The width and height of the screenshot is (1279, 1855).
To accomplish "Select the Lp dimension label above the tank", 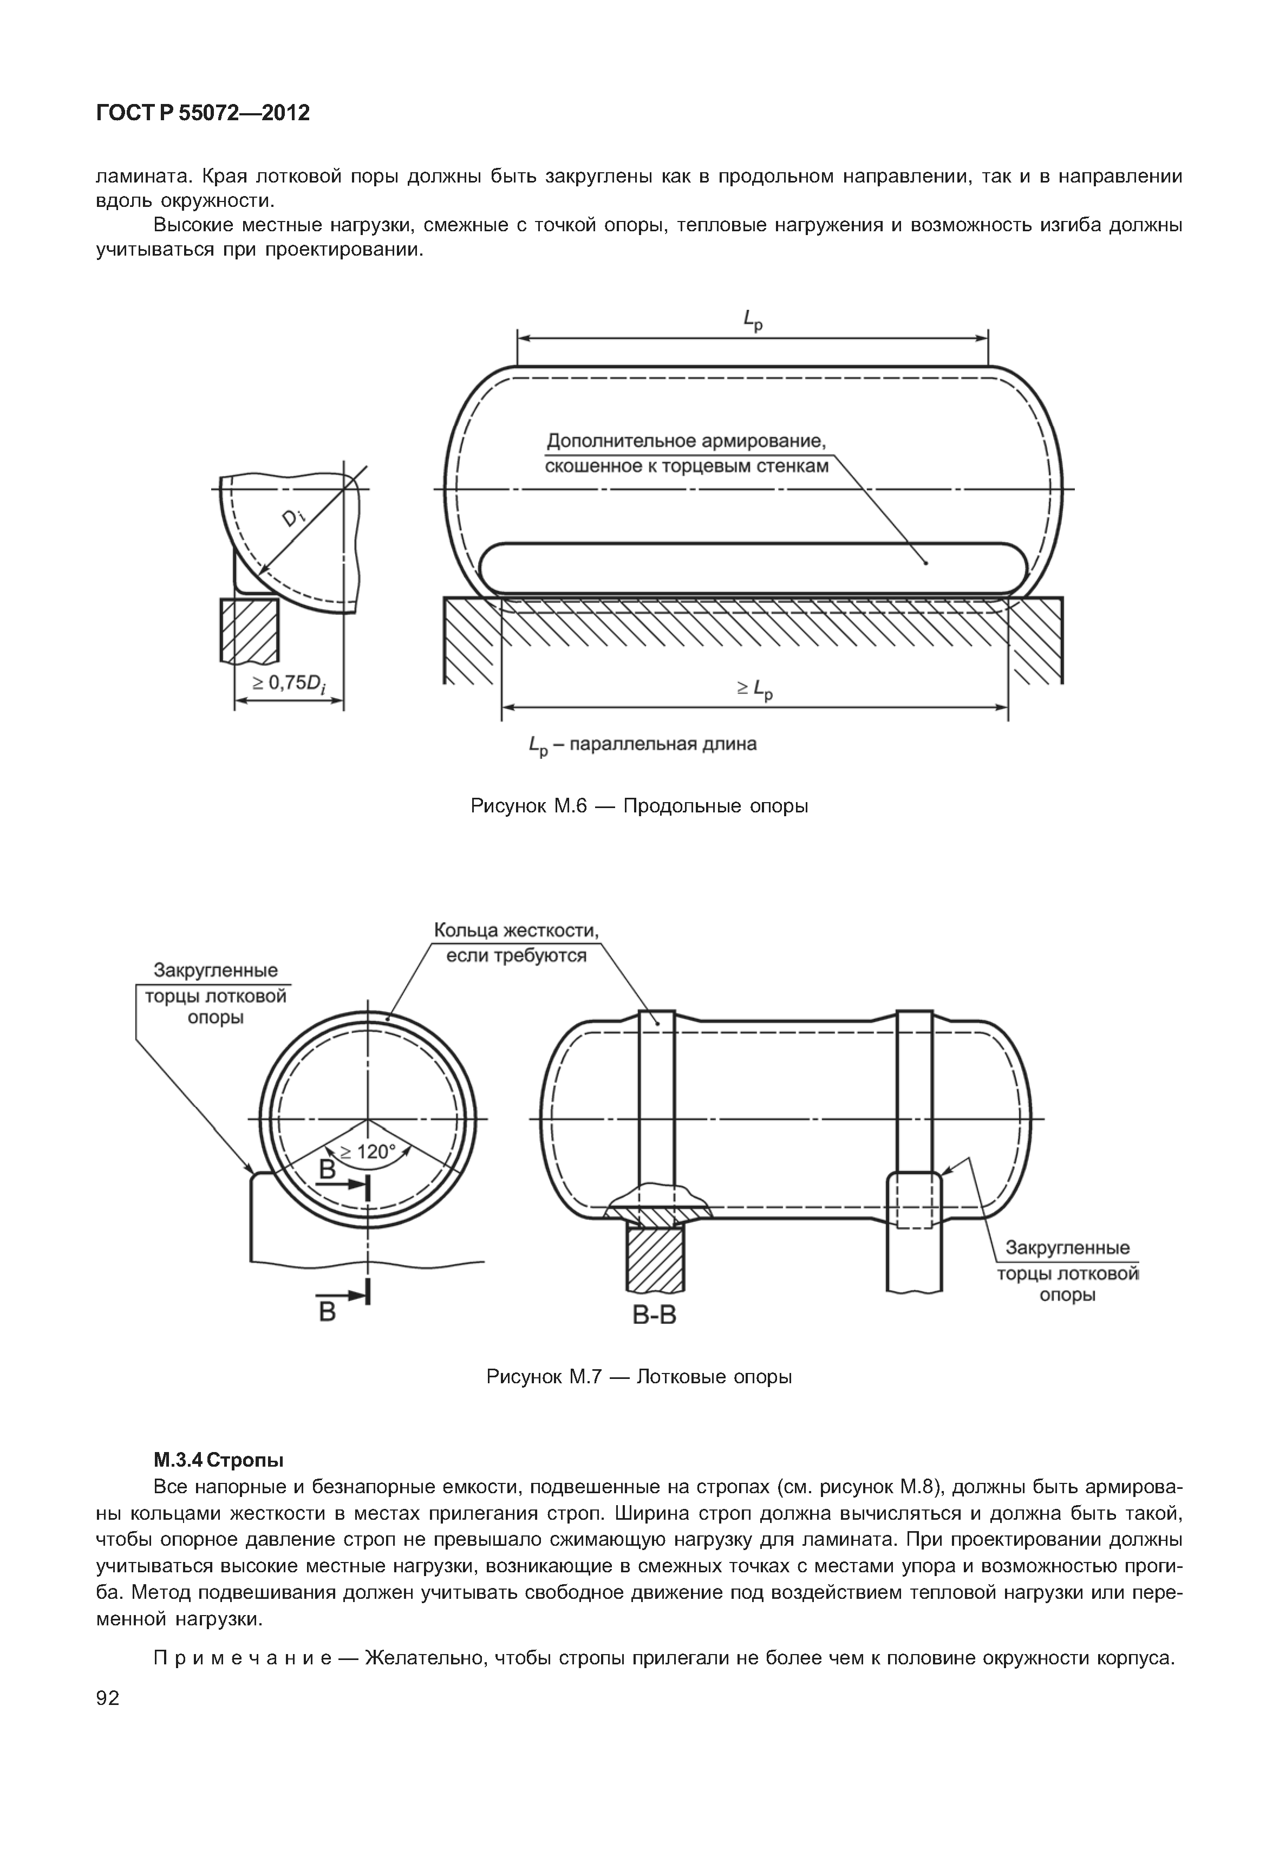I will point(753,321).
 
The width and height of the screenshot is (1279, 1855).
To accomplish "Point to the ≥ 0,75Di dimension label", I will point(289,684).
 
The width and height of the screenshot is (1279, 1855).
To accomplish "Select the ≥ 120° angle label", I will point(367,1152).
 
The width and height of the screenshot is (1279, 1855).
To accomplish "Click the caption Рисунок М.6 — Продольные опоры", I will point(639,806).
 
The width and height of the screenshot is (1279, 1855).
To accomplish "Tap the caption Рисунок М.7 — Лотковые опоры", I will point(639,1377).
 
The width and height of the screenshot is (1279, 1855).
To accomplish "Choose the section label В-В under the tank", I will point(655,1316).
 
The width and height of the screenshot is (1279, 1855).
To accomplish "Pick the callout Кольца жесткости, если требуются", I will point(516,943).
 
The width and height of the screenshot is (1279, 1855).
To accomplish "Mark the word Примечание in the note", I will point(242,1657).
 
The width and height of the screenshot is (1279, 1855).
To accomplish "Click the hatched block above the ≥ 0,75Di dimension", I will point(249,631).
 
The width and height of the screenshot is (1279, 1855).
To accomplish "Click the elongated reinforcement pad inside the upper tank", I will point(753,568).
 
